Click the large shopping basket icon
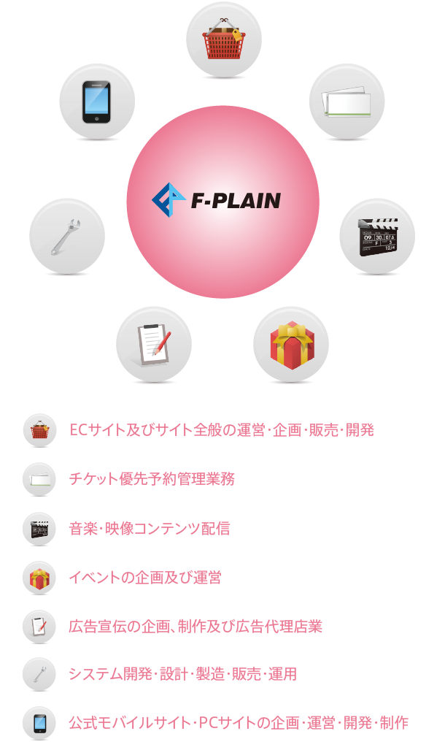(224, 39)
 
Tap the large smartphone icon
(96, 102)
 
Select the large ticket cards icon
(347, 102)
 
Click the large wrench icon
(66, 237)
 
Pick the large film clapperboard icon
(377, 237)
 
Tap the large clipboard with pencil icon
(154, 345)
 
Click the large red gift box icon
(291, 345)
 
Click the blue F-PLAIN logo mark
(169, 200)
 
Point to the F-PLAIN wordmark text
(236, 201)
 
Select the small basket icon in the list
(39, 431)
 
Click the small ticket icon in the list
(39, 480)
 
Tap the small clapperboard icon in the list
(39, 529)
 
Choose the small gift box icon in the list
(39, 578)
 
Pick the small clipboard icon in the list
(39, 627)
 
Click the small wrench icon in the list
(39, 675)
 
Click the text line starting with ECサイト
(222, 429)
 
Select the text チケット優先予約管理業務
(152, 479)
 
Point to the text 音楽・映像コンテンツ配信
(150, 528)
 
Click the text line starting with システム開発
(182, 674)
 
